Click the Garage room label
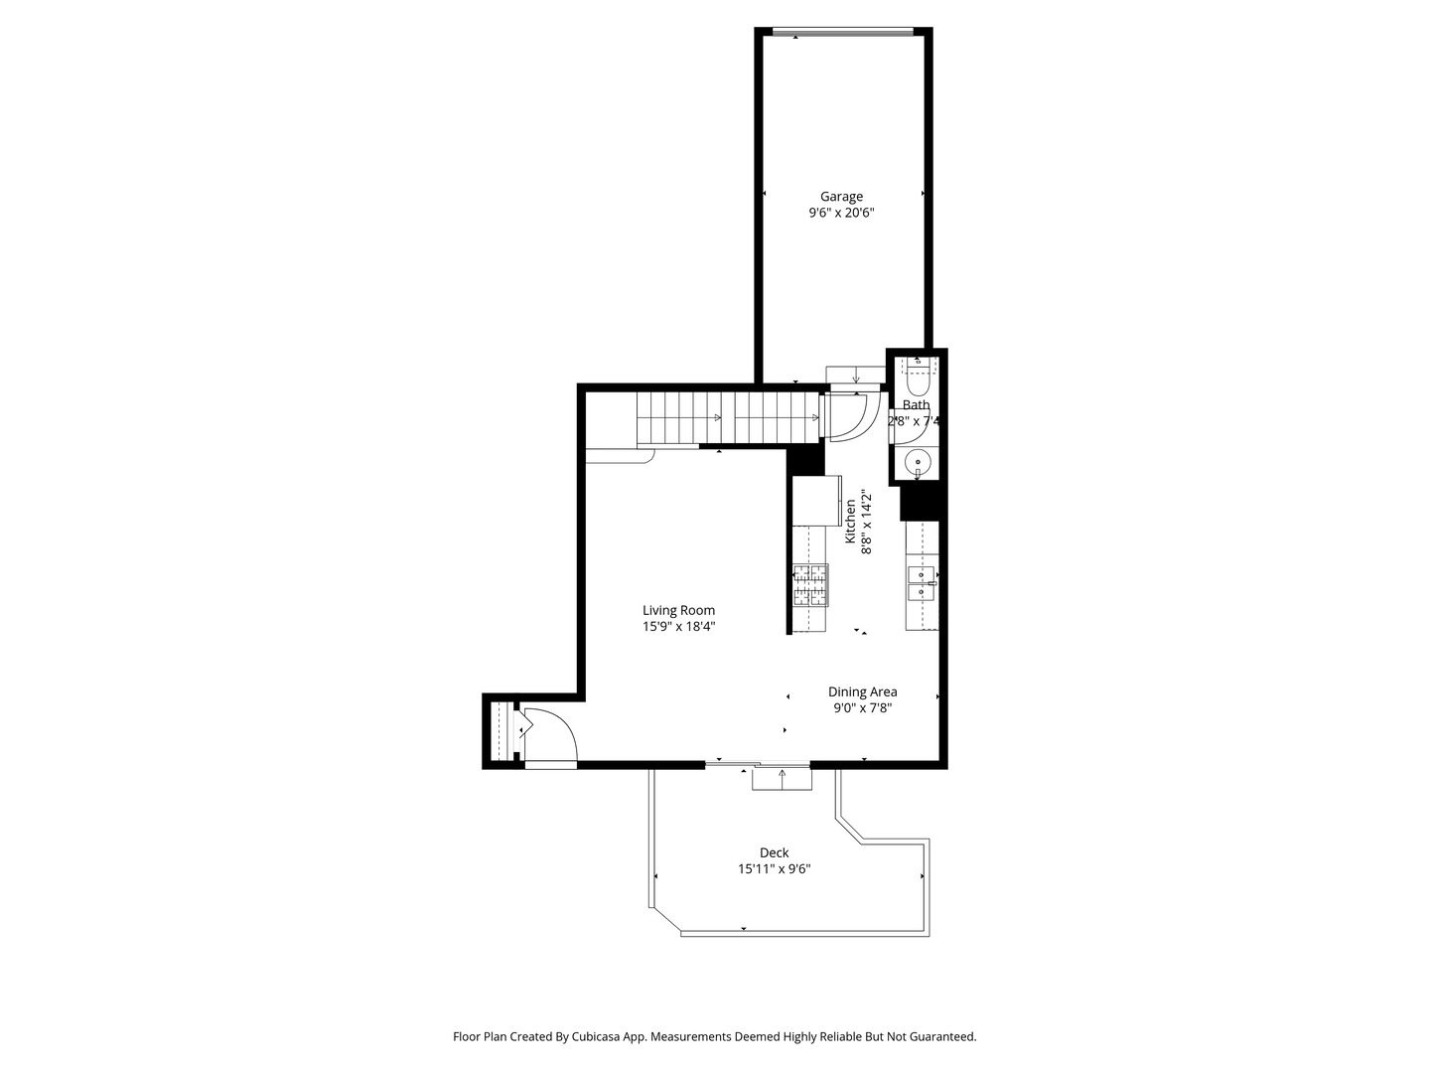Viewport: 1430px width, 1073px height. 841,196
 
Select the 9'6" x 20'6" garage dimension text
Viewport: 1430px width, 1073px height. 841,213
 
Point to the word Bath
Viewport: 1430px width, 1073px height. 916,404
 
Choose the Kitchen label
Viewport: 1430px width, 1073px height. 851,522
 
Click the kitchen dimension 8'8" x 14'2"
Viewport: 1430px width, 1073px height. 867,522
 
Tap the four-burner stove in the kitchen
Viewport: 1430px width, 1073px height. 809,585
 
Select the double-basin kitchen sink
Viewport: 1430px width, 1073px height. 922,583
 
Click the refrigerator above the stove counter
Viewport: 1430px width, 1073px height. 815,501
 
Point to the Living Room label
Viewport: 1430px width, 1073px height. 678,610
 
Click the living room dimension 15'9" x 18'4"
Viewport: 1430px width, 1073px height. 678,627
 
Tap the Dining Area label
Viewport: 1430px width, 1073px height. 862,691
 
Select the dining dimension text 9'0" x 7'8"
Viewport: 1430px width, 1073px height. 862,708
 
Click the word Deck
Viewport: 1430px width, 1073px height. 774,852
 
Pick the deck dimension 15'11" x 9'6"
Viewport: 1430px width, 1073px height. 774,869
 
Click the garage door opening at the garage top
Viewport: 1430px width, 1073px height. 841,33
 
